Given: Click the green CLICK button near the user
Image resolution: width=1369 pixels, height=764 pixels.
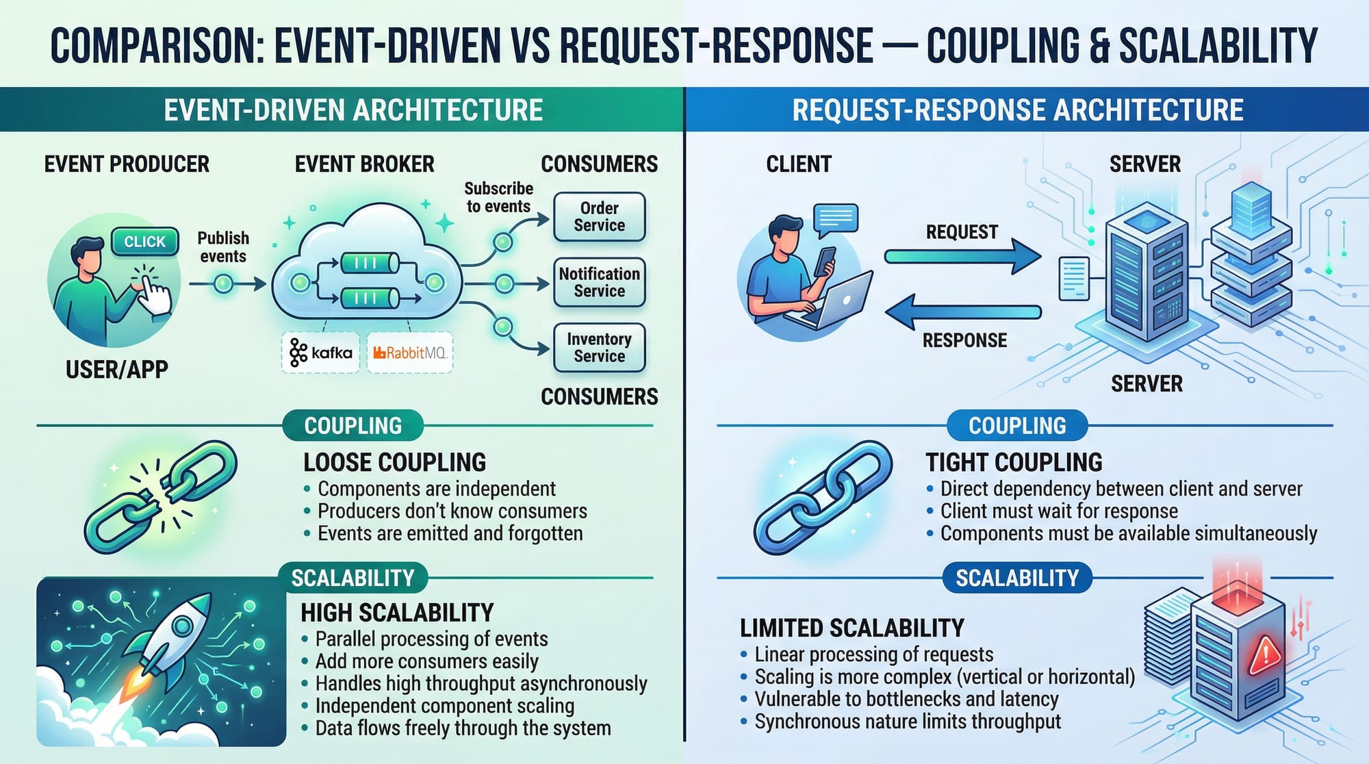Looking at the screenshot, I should click(144, 242).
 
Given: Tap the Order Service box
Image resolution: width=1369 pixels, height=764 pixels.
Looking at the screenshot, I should click(599, 217).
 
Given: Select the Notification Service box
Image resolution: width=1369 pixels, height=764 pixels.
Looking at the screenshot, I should click(599, 282).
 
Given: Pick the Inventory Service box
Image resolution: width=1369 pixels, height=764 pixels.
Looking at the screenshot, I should click(599, 348).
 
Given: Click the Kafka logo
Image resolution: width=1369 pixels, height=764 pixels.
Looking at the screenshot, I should click(320, 353).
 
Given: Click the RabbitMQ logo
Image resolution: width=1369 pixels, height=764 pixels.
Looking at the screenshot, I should click(409, 353).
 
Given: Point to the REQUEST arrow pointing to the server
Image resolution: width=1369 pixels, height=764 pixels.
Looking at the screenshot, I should click(962, 257).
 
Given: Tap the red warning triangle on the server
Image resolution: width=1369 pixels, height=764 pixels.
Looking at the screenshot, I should click(1264, 654).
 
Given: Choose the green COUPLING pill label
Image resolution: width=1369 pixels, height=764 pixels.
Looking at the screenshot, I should click(353, 426).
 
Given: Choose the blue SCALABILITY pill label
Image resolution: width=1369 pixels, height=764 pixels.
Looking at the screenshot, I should click(1016, 578).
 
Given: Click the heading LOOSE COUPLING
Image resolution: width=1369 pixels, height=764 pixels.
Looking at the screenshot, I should click(394, 463).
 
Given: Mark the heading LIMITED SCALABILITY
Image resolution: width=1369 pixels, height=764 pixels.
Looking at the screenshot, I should click(852, 628).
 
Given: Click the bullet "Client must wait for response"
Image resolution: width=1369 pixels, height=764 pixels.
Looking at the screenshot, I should click(1058, 511).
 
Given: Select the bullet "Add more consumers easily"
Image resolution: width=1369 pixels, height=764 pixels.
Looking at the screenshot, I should click(426, 661).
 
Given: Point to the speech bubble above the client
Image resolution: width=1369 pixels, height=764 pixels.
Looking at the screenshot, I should click(836, 218).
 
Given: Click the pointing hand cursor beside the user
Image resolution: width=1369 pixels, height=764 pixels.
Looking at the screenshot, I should click(155, 294).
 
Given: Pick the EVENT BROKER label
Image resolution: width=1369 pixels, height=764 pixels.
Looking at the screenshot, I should click(364, 164).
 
